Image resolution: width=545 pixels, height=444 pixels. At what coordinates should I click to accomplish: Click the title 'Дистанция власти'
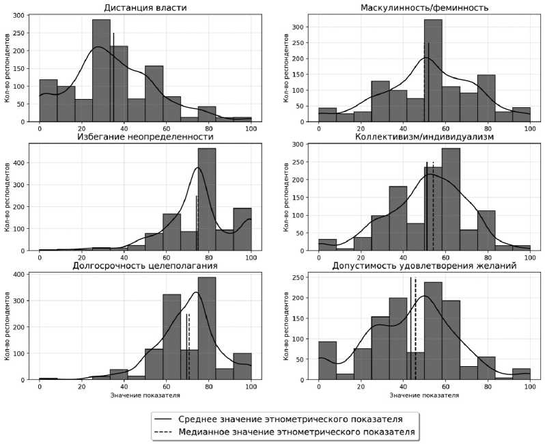(145, 8)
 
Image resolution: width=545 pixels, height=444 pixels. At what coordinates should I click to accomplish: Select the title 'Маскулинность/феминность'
(423, 8)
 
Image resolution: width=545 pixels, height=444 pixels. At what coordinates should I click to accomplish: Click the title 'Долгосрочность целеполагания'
(145, 266)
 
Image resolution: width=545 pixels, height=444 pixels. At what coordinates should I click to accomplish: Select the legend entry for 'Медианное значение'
(296, 432)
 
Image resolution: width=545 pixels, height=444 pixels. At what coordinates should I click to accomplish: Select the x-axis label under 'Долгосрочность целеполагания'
(145, 396)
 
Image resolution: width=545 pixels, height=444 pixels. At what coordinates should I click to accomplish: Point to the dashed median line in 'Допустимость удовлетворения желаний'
(415, 328)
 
